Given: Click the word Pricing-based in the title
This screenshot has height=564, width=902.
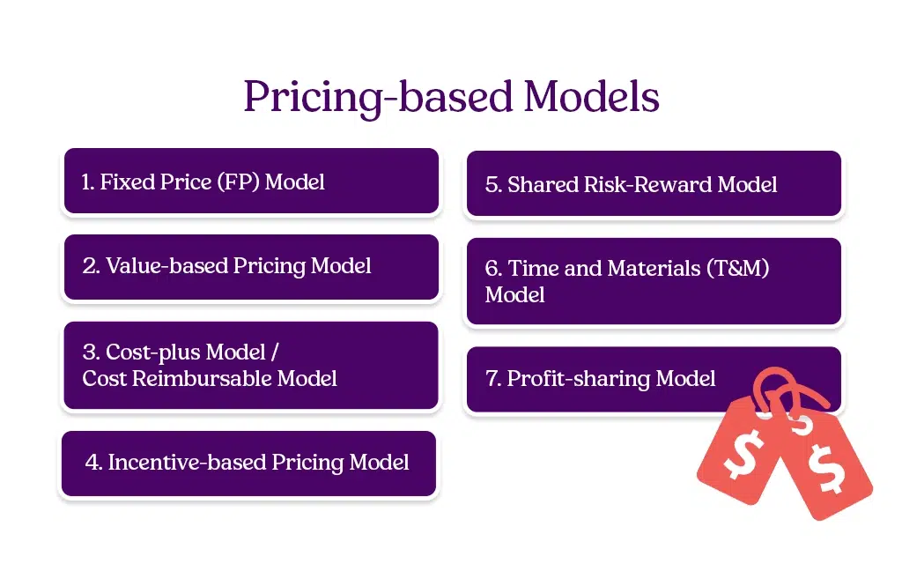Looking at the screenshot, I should (377, 98).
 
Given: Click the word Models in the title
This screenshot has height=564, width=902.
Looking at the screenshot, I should (591, 96).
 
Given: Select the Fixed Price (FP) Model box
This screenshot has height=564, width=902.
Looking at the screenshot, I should (251, 182).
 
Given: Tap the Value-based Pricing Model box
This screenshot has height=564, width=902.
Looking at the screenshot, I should (251, 266).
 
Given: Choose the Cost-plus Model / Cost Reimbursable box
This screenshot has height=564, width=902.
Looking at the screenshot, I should (251, 365).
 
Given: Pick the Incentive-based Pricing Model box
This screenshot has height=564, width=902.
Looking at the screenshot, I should (248, 463).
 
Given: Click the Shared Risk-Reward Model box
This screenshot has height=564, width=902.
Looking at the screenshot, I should (653, 184).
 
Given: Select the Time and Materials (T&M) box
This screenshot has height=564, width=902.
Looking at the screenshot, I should (653, 281).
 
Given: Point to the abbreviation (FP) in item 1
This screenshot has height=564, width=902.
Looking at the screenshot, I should (238, 182).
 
